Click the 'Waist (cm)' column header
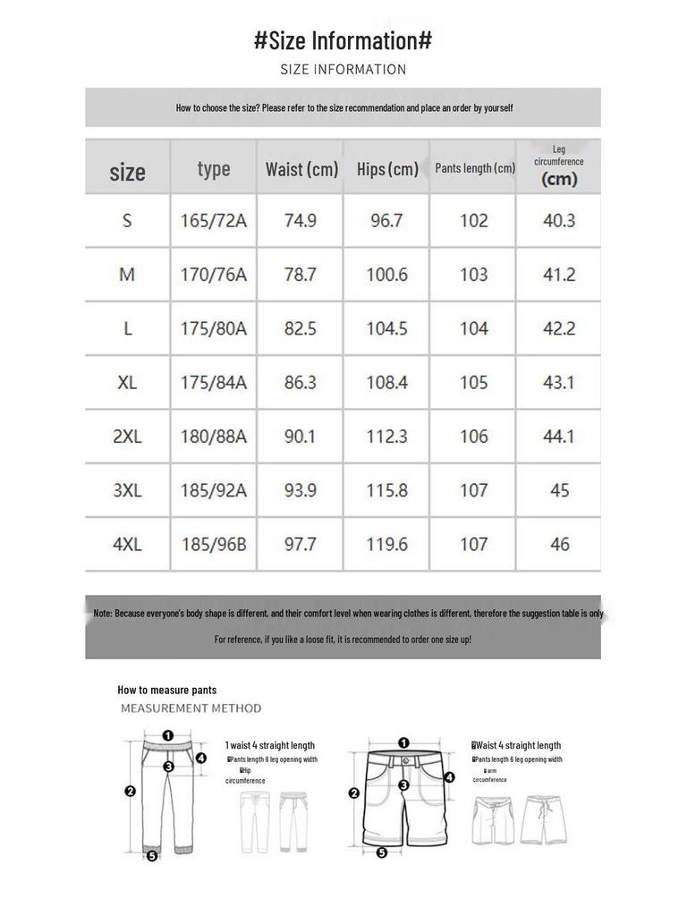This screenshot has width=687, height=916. (301, 169)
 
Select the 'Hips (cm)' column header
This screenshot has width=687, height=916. (387, 169)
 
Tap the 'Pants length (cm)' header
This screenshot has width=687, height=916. (474, 168)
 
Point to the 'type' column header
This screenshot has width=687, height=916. (214, 169)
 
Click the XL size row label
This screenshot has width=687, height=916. (127, 383)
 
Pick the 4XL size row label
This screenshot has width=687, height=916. (127, 544)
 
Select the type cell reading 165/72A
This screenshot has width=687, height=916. (214, 221)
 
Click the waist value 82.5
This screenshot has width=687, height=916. (301, 329)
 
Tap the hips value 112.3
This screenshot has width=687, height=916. (386, 437)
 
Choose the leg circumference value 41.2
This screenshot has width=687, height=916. (559, 275)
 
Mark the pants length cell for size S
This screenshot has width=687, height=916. (473, 221)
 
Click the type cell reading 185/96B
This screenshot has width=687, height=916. (214, 544)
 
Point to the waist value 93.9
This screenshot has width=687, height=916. (301, 490)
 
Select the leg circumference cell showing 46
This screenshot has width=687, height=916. (560, 544)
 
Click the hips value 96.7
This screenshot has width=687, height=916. (386, 221)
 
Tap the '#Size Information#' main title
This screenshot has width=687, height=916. (343, 40)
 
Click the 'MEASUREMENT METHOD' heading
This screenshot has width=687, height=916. (191, 708)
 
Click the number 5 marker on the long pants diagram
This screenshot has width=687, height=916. (152, 856)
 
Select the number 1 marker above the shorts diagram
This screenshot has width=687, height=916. (403, 742)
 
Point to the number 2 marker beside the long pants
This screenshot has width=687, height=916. (131, 791)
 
